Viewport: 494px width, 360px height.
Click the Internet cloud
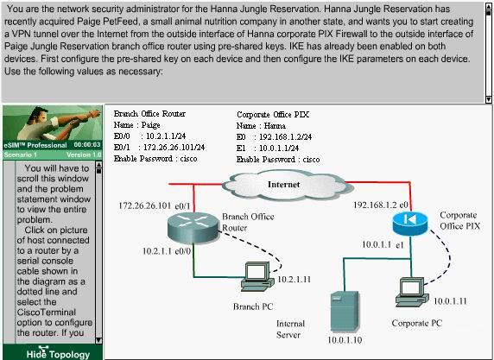(x=288, y=186)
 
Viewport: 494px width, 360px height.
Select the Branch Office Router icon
(x=193, y=227)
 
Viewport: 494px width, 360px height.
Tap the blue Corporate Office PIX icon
(x=410, y=223)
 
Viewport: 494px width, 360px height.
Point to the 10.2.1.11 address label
(x=294, y=280)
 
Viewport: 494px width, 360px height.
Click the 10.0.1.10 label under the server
(x=345, y=340)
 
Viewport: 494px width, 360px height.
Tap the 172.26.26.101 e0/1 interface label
(x=155, y=205)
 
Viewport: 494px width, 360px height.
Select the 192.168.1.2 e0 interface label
(x=381, y=205)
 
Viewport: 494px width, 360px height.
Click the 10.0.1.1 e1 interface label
(x=383, y=244)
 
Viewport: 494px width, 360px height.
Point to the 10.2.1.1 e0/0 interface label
(x=167, y=251)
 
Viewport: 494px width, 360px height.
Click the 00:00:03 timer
(x=87, y=144)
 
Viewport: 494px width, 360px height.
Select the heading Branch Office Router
(x=149, y=113)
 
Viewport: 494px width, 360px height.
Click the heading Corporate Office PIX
(x=273, y=114)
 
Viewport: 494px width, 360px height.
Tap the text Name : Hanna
(x=261, y=126)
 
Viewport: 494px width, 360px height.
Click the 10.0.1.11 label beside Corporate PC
(x=450, y=301)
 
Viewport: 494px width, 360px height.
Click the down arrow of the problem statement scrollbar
(x=488, y=99)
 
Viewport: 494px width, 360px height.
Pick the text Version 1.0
(x=84, y=155)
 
